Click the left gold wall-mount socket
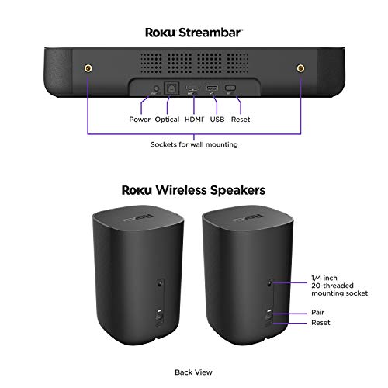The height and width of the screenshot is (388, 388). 88,68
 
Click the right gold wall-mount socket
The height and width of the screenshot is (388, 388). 300,68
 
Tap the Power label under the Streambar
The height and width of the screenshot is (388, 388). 140,120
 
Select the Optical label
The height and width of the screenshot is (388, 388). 167,120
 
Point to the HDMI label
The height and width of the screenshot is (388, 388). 194,120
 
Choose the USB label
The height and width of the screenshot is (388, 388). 217,120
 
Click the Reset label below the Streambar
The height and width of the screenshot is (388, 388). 241,120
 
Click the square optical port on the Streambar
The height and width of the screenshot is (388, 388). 171,88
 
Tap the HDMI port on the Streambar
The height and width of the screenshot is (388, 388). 192,88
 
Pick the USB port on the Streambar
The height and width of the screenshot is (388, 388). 212,88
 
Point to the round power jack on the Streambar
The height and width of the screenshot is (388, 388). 156,88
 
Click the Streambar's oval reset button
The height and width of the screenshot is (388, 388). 230,88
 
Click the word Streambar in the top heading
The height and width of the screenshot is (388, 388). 210,33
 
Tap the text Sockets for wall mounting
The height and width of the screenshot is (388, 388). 194,144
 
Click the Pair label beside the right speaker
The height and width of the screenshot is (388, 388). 317,312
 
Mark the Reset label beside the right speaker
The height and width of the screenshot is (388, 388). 320,323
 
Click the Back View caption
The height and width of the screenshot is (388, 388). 193,372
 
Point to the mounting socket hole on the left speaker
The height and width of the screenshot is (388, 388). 160,283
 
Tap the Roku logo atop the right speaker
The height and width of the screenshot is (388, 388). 248,218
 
